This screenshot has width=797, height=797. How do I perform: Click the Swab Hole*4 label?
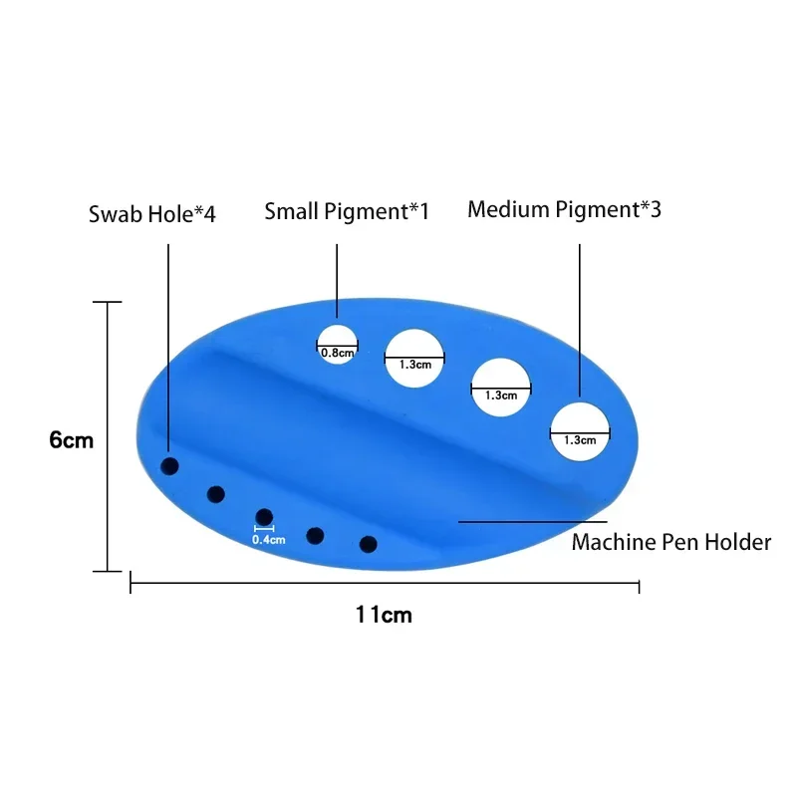pos(151,214)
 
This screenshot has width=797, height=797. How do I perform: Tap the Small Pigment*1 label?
pos(347,211)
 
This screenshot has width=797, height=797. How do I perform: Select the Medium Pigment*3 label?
pos(564,209)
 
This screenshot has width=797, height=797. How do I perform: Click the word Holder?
pos(738,543)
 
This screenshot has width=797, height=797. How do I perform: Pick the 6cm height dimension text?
pos(72,439)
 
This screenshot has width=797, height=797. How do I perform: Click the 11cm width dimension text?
pos(385,615)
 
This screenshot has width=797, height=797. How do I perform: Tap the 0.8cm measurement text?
pos(337,351)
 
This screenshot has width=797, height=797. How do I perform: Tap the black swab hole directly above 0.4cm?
pos(264,516)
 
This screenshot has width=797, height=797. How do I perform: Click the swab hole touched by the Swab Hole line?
pos(170,466)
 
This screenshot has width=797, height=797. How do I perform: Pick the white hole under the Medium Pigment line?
pos(581,432)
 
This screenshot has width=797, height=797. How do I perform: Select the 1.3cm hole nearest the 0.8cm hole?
pos(414,356)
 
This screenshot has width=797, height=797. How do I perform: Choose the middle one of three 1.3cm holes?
pos(500,387)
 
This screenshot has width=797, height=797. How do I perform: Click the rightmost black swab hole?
pos(368,544)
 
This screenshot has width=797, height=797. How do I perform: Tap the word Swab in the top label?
pos(112,214)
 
